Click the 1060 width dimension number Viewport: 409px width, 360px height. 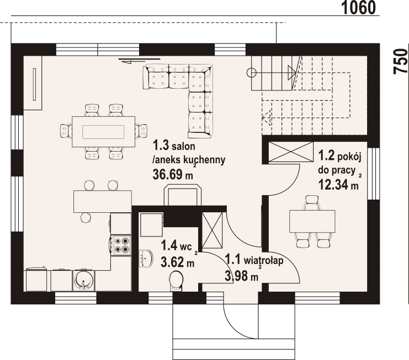(x=359, y=8)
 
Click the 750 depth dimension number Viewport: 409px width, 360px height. (x=401, y=62)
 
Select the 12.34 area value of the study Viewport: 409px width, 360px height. (x=333, y=185)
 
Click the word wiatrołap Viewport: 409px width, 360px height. (x=264, y=260)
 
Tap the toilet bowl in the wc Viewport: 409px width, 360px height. (x=176, y=281)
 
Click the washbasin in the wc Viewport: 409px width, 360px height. (x=146, y=259)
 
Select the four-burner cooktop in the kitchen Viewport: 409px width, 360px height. (x=121, y=245)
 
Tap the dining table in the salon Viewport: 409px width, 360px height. (x=103, y=132)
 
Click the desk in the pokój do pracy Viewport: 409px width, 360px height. (x=312, y=221)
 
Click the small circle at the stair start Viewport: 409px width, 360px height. (x=252, y=72)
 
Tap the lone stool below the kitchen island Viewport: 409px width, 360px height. (x=86, y=218)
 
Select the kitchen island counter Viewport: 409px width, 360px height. (x=103, y=201)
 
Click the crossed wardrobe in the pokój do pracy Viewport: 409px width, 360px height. (x=291, y=152)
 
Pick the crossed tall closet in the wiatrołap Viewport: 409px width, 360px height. (x=213, y=230)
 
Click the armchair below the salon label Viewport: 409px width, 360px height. (x=183, y=195)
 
